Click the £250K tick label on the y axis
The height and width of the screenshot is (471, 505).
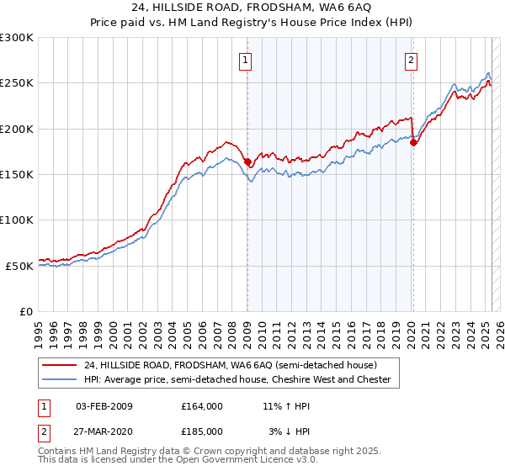coord(17,83)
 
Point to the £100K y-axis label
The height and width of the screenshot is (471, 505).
coord(17,220)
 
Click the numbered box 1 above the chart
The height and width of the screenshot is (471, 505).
coord(245,60)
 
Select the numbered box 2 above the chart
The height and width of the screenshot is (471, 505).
coord(412,60)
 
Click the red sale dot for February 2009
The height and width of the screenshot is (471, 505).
coord(247,161)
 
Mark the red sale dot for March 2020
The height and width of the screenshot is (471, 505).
coord(413,143)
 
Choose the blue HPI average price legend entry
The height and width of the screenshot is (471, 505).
coord(237,380)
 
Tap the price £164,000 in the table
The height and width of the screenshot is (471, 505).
coord(202,406)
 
